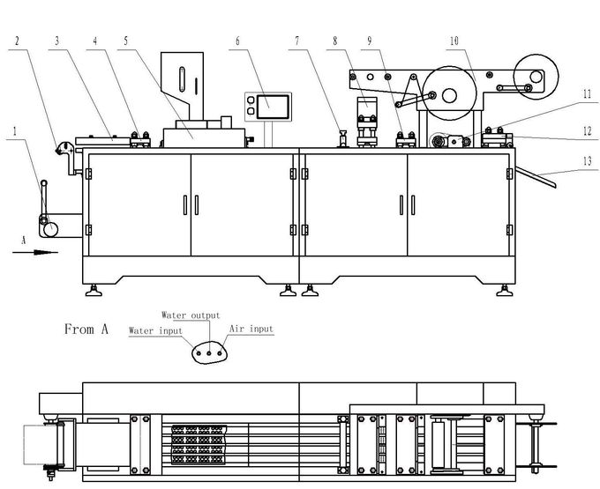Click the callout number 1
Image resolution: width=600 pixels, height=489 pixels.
(x=15, y=131)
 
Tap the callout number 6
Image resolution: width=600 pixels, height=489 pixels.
(x=237, y=41)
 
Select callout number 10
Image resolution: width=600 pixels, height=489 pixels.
(x=454, y=41)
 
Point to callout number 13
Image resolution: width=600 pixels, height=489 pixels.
(x=588, y=161)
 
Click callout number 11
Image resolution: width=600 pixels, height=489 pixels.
(x=588, y=94)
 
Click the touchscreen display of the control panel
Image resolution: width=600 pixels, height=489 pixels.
(x=273, y=107)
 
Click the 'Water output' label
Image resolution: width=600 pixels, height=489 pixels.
(x=191, y=315)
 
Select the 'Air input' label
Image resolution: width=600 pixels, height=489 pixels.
(x=251, y=329)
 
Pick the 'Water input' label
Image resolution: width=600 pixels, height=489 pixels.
(x=155, y=330)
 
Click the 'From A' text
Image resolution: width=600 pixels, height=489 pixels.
(x=86, y=329)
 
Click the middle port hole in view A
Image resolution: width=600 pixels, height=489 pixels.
(x=209, y=353)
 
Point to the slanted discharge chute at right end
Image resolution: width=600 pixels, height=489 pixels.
(x=536, y=177)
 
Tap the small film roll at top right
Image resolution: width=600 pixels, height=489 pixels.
(x=536, y=77)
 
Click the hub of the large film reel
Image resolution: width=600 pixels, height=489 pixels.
(x=449, y=95)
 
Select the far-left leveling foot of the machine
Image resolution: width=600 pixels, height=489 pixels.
(x=94, y=291)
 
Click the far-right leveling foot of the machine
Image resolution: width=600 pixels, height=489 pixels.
(x=505, y=291)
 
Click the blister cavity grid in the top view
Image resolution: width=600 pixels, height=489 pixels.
(x=199, y=444)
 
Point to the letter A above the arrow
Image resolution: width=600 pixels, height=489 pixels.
(x=24, y=241)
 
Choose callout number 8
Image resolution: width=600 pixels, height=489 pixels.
(x=335, y=41)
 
